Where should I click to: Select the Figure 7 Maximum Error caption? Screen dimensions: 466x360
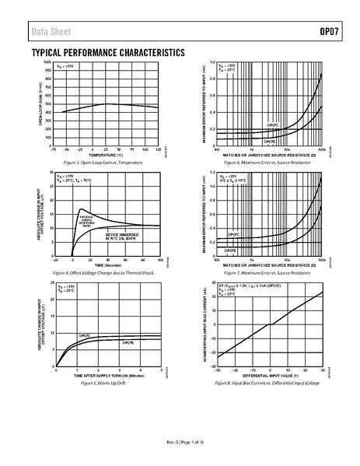(x=268, y=274)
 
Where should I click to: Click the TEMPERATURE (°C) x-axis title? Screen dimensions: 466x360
(x=107, y=154)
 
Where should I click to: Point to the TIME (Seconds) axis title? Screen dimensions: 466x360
(x=107, y=265)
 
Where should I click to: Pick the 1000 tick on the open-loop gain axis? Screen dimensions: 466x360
(x=47, y=61)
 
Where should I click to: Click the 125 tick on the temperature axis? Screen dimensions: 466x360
(x=159, y=149)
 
